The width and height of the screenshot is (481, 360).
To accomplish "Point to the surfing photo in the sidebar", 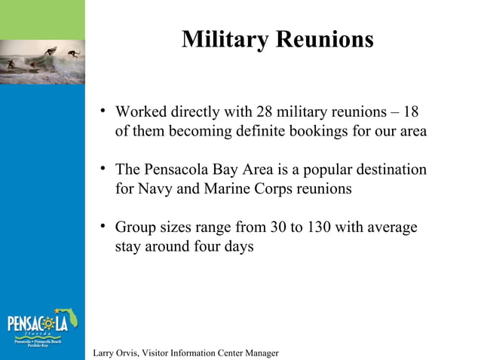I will click(42, 61).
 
